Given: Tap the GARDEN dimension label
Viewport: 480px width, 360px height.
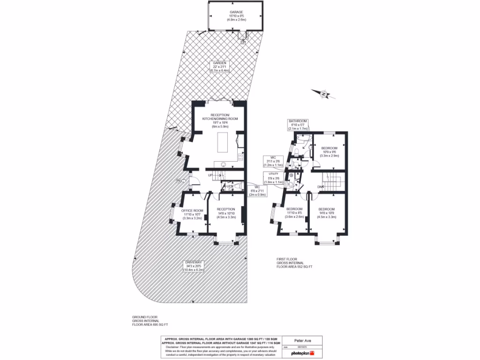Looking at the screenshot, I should [219, 67].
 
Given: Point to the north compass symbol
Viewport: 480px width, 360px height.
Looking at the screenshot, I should [324, 94].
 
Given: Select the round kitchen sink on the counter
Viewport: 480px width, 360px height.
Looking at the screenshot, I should [224, 164].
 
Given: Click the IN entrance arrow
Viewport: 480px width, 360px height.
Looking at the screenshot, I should [179, 180].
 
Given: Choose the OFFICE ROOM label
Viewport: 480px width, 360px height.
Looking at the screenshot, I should [192, 214].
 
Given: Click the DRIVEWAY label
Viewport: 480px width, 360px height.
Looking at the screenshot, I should [194, 266].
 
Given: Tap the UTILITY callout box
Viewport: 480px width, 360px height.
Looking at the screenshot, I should [273, 176].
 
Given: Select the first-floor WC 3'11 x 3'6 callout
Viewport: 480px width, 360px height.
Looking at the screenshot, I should [273, 161].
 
